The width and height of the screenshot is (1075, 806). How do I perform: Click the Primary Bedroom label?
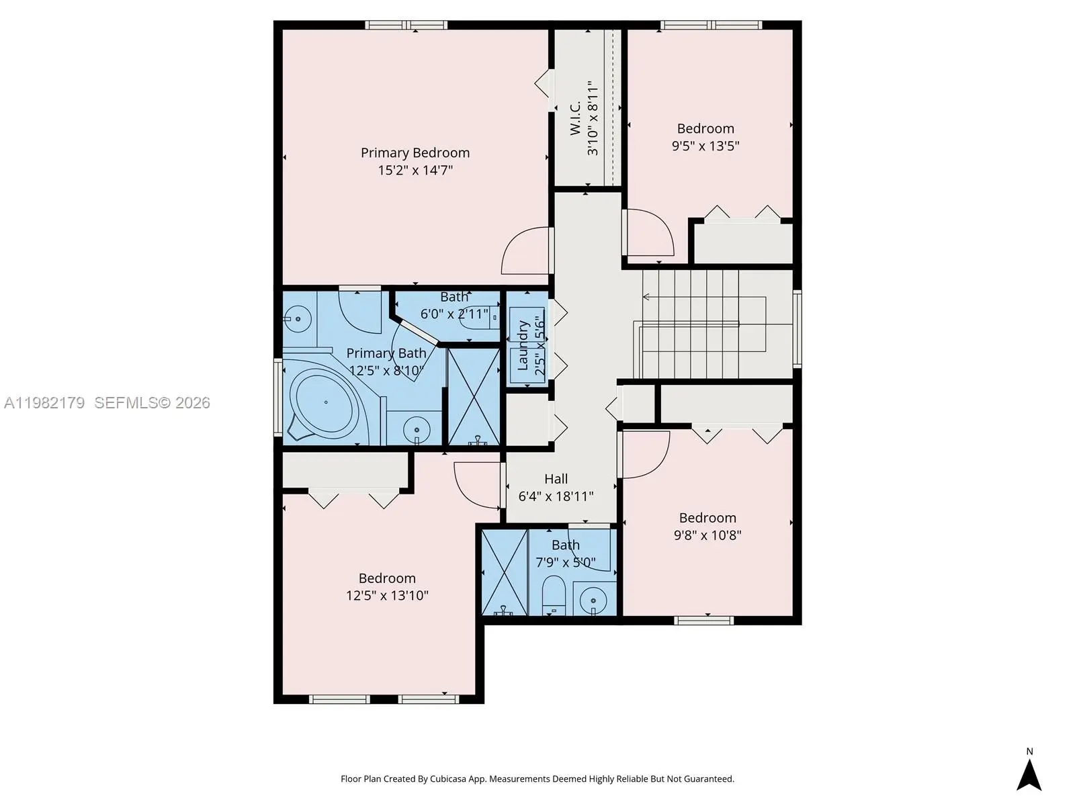point(415,152)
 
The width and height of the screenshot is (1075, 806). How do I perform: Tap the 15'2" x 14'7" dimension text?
point(415,171)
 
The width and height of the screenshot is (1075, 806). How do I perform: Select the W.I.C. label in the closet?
point(575,118)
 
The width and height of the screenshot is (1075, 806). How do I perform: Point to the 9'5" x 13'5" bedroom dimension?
point(705,146)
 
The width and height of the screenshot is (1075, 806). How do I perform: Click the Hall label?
point(556,479)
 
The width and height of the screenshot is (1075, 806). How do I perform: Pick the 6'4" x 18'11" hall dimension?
point(556,496)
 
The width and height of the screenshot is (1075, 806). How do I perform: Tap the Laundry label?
point(523,345)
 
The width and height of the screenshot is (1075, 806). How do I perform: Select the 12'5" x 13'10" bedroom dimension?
point(387,596)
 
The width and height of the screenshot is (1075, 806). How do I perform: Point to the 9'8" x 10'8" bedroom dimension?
point(707,535)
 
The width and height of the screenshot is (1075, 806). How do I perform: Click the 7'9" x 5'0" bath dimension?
point(566,562)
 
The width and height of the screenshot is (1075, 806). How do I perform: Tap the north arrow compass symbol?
point(1029,775)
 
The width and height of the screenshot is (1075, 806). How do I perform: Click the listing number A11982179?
point(44,403)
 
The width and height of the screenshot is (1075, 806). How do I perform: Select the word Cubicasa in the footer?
point(448,779)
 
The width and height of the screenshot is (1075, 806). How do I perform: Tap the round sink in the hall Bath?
point(593,600)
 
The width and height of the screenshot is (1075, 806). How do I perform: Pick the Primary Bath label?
point(386,353)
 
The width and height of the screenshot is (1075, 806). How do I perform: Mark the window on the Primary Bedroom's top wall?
point(406,25)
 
